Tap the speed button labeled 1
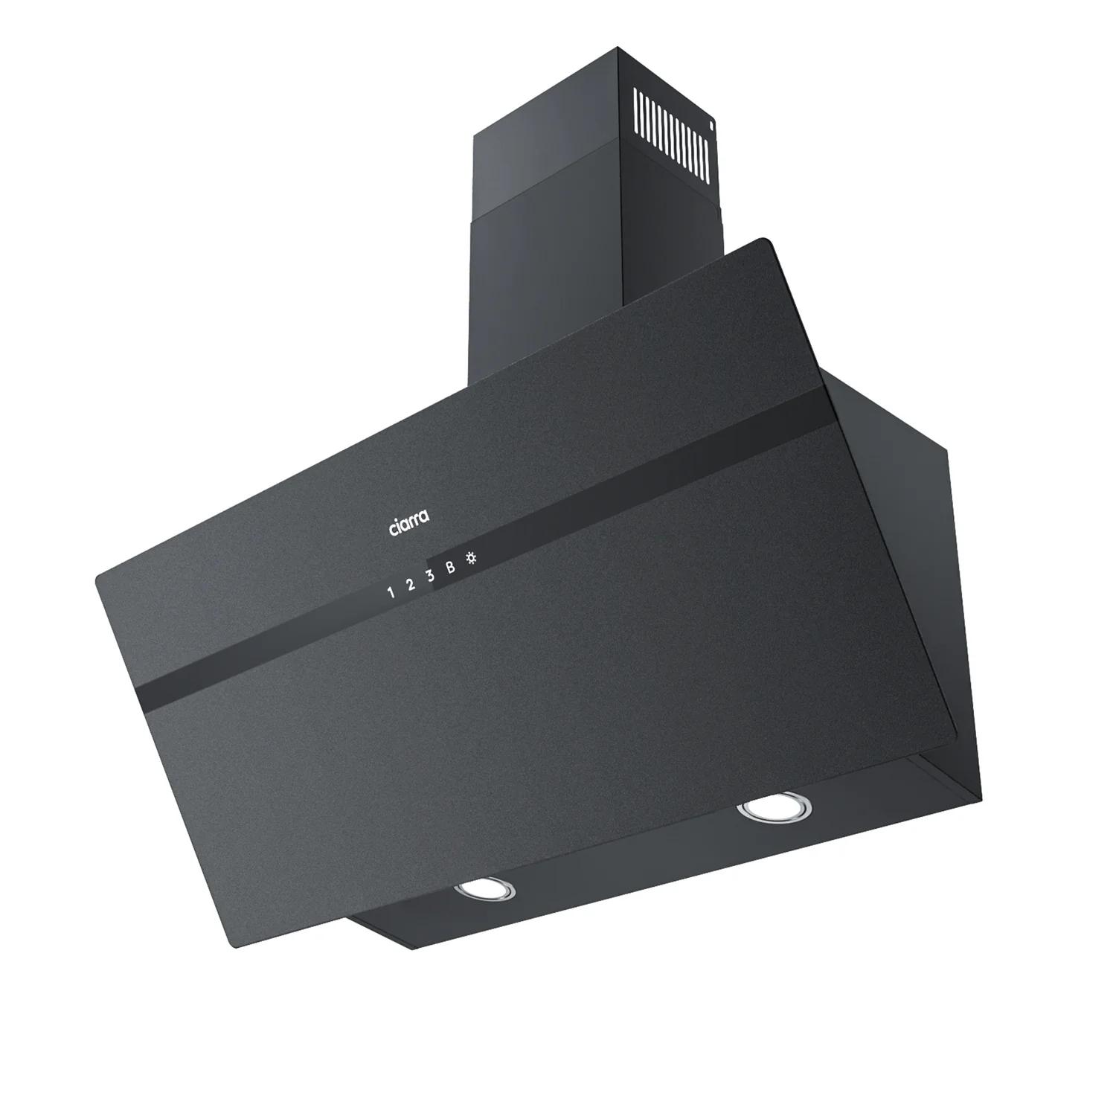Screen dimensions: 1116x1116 (x=391, y=593)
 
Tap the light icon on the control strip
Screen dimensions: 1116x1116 (x=470, y=558)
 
